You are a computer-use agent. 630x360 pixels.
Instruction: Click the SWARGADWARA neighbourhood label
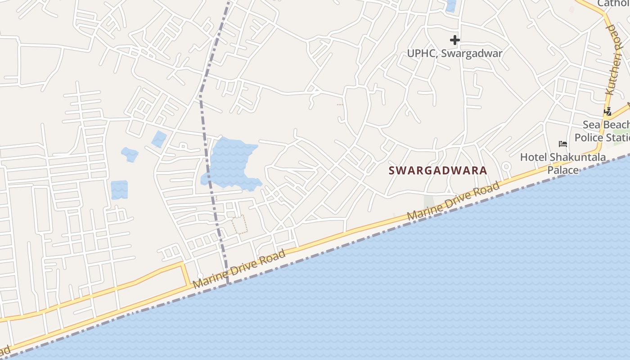coord(438,171)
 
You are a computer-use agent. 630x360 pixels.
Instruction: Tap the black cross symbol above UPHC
coord(455,40)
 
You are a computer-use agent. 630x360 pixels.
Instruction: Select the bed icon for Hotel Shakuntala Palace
coord(562,144)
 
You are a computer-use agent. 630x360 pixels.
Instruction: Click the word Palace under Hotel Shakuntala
coord(563,170)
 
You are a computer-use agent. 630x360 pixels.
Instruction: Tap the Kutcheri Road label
coord(613,59)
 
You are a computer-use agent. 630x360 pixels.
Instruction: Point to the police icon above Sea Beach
coord(608,111)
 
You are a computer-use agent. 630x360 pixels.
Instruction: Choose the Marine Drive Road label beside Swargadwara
coord(453,201)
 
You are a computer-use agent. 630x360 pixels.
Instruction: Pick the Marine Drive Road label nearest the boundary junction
coord(239,269)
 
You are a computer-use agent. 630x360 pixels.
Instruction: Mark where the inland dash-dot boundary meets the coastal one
coord(228,283)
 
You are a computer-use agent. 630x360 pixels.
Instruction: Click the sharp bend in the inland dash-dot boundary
coord(200,95)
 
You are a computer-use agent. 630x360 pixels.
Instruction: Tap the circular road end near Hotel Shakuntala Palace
coord(506,166)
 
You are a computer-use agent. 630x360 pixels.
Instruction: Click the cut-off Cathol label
coord(613,4)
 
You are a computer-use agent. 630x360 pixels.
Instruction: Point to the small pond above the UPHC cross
coord(450,6)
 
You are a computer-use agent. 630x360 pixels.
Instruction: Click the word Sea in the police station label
coord(591,125)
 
